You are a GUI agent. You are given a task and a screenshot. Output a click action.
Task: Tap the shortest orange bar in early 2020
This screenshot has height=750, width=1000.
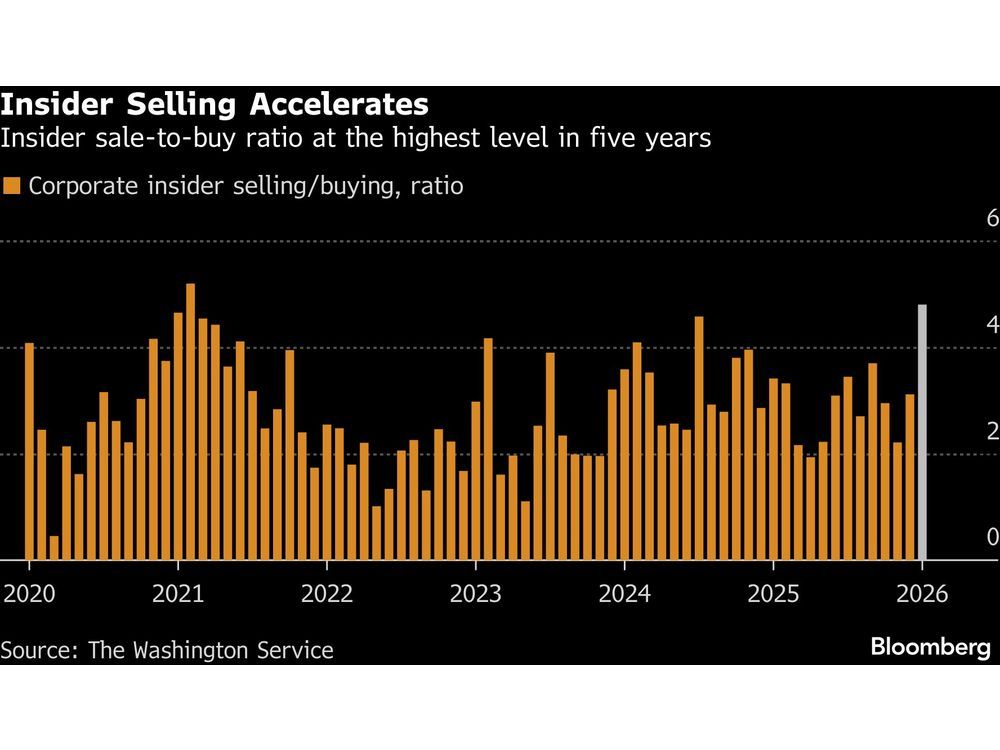(x=54, y=548)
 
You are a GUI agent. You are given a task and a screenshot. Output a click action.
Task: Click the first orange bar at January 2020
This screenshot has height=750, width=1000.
(x=29, y=451)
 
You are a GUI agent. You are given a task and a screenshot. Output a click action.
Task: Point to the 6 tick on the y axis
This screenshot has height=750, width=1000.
(x=992, y=219)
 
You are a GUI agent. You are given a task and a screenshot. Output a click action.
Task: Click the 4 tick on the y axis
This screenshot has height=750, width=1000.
(x=992, y=325)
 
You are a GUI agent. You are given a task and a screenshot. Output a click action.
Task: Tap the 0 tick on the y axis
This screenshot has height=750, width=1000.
(x=992, y=537)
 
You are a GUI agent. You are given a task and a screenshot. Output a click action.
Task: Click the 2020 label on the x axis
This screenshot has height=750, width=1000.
(x=29, y=593)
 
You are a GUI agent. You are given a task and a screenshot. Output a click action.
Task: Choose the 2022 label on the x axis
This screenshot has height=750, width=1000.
(x=327, y=593)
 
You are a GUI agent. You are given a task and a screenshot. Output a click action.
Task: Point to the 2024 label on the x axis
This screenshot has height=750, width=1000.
(x=624, y=593)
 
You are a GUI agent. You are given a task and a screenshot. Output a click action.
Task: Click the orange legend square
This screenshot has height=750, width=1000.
(x=12, y=186)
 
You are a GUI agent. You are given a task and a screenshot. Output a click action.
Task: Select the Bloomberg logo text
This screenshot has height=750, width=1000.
(x=930, y=647)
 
